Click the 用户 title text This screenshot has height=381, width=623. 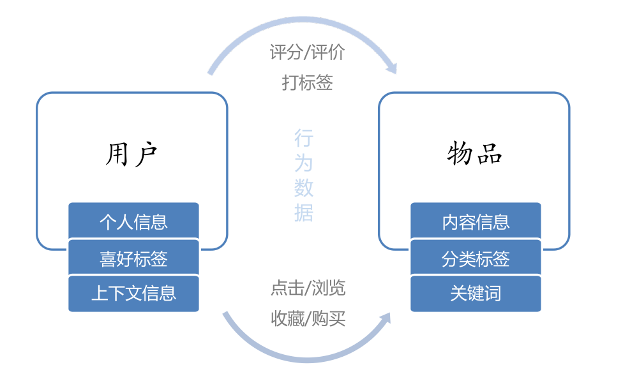(x=131, y=154)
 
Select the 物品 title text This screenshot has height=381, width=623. (x=475, y=154)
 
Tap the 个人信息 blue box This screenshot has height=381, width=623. (x=133, y=221)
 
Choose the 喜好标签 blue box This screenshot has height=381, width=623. (x=133, y=258)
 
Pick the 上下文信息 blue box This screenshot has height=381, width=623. (x=133, y=294)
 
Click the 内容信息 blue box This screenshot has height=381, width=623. (x=476, y=221)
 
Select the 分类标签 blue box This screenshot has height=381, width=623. (x=476, y=258)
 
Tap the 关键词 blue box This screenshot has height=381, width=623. (x=476, y=294)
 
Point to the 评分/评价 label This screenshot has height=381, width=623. (x=307, y=52)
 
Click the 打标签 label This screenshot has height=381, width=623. (x=307, y=82)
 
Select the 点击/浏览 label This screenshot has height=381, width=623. (x=308, y=288)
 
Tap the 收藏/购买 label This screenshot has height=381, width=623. (x=308, y=318)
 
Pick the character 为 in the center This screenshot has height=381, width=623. (x=304, y=163)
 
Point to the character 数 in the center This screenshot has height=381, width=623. (x=304, y=188)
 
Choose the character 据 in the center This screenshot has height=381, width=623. (x=304, y=212)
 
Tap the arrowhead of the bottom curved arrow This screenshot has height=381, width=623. (x=384, y=319)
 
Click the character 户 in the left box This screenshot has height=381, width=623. (x=146, y=154)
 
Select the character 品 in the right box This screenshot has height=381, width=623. (x=490, y=154)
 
